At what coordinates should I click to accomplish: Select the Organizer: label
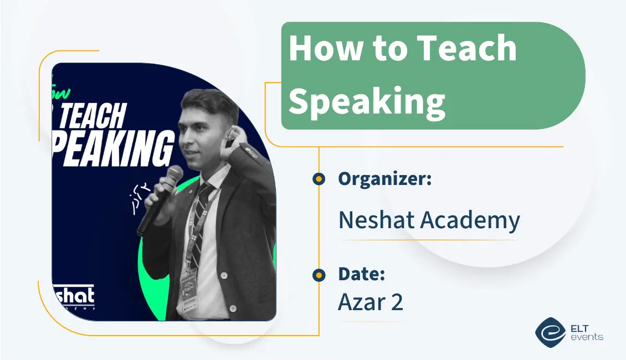[x=385, y=179]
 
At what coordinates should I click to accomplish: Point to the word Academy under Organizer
[x=470, y=221]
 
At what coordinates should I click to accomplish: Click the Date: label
[x=361, y=274]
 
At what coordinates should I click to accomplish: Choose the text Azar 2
[x=371, y=302]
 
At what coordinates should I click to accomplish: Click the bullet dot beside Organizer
[x=319, y=179]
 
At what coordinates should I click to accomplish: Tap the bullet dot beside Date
[x=319, y=275]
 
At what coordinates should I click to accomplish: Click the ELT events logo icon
[x=550, y=331]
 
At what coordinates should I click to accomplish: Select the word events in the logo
[x=588, y=337]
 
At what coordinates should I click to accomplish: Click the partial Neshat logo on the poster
[x=73, y=296]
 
